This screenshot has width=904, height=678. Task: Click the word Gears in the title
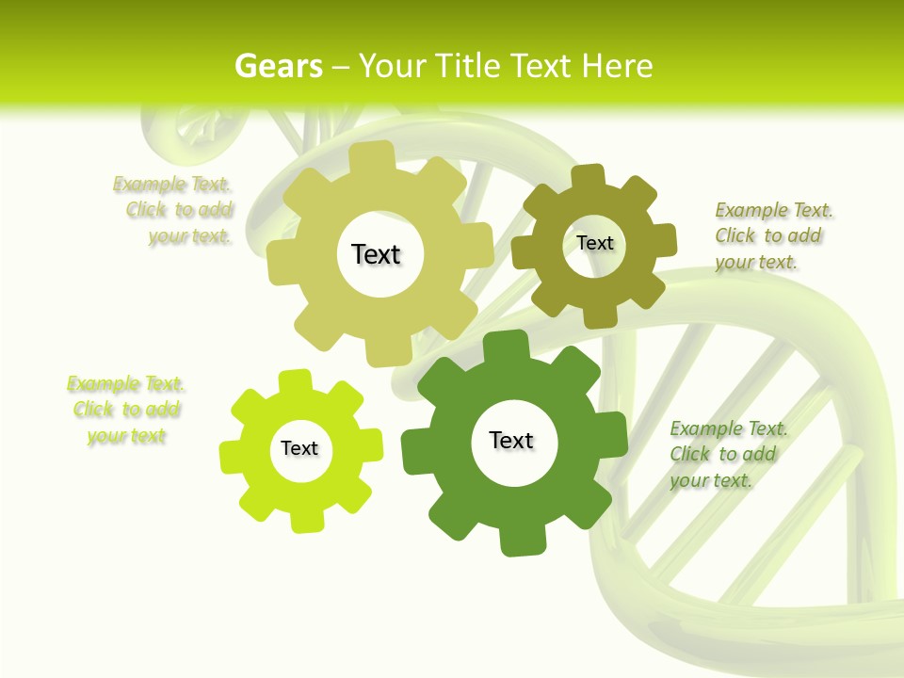pyautogui.click(x=278, y=66)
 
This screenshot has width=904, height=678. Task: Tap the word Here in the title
pyautogui.click(x=618, y=66)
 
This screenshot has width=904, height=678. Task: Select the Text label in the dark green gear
pyautogui.click(x=511, y=440)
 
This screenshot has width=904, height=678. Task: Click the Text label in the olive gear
pyautogui.click(x=594, y=243)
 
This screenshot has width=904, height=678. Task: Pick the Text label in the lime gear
pyautogui.click(x=299, y=448)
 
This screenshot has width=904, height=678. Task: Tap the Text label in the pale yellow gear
pyautogui.click(x=376, y=254)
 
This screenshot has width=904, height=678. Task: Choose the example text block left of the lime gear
pyautogui.click(x=126, y=410)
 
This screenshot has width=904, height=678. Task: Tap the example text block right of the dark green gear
pyautogui.click(x=728, y=454)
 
